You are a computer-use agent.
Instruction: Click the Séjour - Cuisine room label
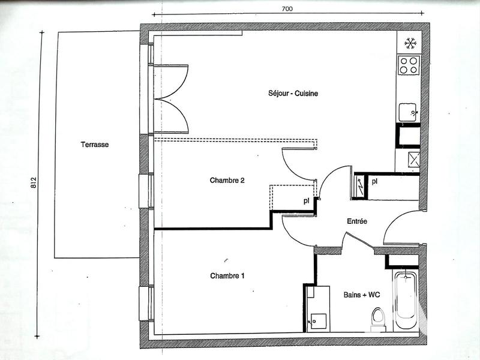[x=292, y=94]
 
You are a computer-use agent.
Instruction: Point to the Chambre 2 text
[x=227, y=180]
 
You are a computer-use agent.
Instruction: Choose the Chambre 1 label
[x=227, y=276]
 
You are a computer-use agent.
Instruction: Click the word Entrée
[x=357, y=221]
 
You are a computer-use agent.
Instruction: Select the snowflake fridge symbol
[x=410, y=43]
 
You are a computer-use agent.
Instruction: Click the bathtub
[x=406, y=300]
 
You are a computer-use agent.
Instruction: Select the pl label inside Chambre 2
[x=306, y=201]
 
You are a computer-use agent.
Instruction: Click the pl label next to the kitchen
[x=374, y=181]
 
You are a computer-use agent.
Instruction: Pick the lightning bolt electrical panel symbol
[x=360, y=185]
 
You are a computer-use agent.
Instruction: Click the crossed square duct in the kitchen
[x=412, y=160]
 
